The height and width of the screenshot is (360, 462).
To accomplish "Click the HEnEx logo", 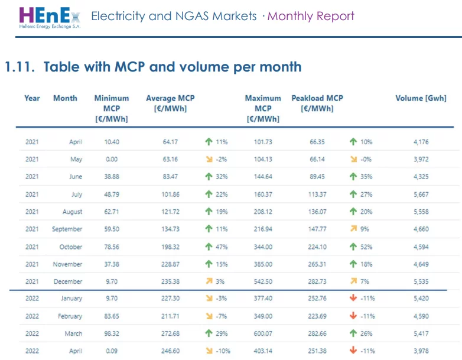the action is [50, 18].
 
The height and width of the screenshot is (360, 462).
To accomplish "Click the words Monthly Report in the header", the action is [311, 16].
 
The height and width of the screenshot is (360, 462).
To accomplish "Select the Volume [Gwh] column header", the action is [421, 98].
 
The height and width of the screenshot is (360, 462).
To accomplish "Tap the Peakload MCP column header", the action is [317, 103].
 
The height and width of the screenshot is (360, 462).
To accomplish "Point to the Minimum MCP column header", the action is [112, 109].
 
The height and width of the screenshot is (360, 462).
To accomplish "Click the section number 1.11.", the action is [19, 67].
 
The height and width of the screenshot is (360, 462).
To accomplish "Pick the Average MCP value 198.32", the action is [170, 247].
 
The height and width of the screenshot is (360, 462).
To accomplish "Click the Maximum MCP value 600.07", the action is [263, 333].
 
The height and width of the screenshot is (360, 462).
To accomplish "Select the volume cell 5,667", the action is [421, 194].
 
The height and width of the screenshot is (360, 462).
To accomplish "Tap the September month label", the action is [67, 229].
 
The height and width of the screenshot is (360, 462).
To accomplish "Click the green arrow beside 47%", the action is [209, 247].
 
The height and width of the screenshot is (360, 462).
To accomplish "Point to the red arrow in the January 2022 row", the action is [353, 298].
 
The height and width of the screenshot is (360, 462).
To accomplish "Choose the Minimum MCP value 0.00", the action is [112, 159].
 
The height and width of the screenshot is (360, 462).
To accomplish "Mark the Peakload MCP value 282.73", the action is [317, 281].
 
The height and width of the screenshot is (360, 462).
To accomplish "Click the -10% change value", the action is [223, 351].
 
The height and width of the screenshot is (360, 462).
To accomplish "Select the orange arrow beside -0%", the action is [353, 159].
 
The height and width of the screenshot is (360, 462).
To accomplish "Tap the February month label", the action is [70, 316].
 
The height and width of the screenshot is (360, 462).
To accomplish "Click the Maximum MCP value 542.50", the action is [263, 281].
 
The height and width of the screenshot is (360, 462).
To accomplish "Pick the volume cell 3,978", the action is [421, 351].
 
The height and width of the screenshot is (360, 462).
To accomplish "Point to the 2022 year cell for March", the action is [32, 333].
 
